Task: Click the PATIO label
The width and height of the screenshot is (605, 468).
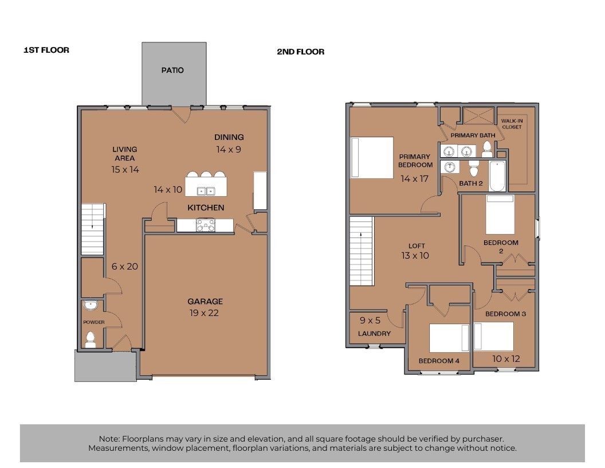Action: (x=172, y=71)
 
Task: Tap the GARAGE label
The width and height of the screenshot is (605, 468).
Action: (x=205, y=302)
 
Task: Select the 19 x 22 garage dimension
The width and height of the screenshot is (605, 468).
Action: (x=204, y=313)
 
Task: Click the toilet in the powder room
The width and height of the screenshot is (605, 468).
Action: (x=91, y=340)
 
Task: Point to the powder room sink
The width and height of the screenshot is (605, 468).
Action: (x=91, y=305)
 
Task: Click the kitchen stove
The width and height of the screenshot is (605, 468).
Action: (x=206, y=225)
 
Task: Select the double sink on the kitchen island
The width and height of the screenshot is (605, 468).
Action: (x=206, y=191)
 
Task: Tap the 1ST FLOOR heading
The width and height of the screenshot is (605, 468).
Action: (x=46, y=50)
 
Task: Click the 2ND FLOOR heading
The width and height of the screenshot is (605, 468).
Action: (x=301, y=52)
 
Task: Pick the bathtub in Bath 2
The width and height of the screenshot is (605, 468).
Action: (x=497, y=177)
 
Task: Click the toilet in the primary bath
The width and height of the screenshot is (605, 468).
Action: (x=488, y=150)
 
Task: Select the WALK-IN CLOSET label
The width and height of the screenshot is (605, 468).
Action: (x=512, y=124)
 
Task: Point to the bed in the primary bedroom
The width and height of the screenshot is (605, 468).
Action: (x=372, y=158)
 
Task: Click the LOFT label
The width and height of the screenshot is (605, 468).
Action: (x=417, y=246)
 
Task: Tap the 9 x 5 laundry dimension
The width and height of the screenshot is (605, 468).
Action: (x=370, y=321)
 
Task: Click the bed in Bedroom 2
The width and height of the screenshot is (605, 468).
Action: (x=500, y=214)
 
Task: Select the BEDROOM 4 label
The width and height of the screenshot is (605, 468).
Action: (x=439, y=361)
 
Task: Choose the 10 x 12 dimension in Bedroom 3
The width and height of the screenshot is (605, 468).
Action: (x=506, y=359)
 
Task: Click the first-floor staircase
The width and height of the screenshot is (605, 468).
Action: (x=93, y=229)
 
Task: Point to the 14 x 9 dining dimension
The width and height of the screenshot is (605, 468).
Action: (x=229, y=150)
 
